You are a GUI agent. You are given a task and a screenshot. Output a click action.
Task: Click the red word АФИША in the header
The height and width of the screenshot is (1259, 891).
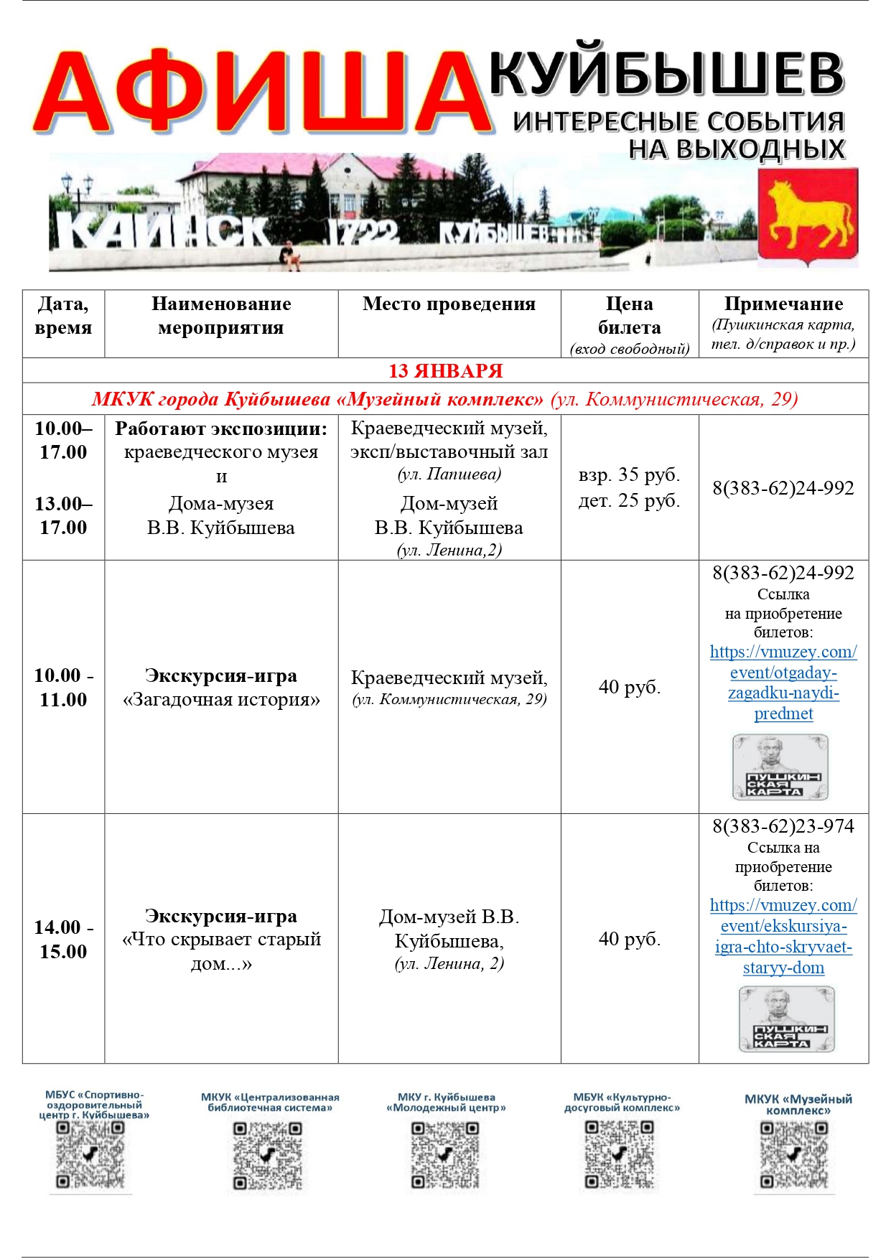[x=262, y=93]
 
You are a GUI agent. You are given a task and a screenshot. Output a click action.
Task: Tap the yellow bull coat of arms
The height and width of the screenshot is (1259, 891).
[x=808, y=216]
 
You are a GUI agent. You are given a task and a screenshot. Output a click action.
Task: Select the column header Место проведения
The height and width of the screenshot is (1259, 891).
[x=449, y=304]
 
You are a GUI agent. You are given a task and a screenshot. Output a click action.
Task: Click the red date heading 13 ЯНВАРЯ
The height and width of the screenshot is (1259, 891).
[x=445, y=371]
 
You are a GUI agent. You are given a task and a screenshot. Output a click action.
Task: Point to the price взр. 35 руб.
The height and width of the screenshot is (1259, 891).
[x=629, y=475]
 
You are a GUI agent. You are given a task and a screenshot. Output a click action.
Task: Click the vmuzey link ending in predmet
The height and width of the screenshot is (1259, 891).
[x=783, y=683]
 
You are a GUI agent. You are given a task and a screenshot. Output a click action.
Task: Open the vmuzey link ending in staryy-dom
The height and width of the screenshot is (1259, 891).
[x=783, y=936]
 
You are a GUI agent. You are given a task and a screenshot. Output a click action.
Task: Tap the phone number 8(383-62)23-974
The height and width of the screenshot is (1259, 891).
[x=783, y=826]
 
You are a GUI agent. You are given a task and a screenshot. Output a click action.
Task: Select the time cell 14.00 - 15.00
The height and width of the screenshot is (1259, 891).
[x=63, y=939]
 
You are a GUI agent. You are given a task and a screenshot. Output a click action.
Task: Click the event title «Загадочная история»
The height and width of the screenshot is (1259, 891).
[x=221, y=699]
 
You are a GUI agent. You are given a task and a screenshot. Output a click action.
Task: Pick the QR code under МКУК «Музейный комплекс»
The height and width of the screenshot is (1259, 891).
[x=794, y=1155]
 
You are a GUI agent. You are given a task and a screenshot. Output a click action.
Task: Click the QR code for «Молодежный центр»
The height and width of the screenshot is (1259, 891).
[x=445, y=1155]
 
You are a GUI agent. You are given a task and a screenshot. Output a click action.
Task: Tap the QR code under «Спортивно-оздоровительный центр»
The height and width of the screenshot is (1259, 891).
[x=90, y=1155]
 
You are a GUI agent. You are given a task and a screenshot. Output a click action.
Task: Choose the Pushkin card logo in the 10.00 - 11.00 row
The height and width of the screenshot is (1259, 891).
[x=780, y=767]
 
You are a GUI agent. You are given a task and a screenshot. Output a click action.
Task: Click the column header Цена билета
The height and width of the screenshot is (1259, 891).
[x=629, y=316]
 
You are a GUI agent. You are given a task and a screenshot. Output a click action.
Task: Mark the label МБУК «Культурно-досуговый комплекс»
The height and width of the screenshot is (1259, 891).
[x=622, y=1103]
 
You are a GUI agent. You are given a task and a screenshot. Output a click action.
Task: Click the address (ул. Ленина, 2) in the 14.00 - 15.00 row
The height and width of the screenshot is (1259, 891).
[x=449, y=964]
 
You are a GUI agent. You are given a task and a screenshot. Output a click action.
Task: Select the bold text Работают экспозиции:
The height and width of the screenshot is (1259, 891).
[x=221, y=429]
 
